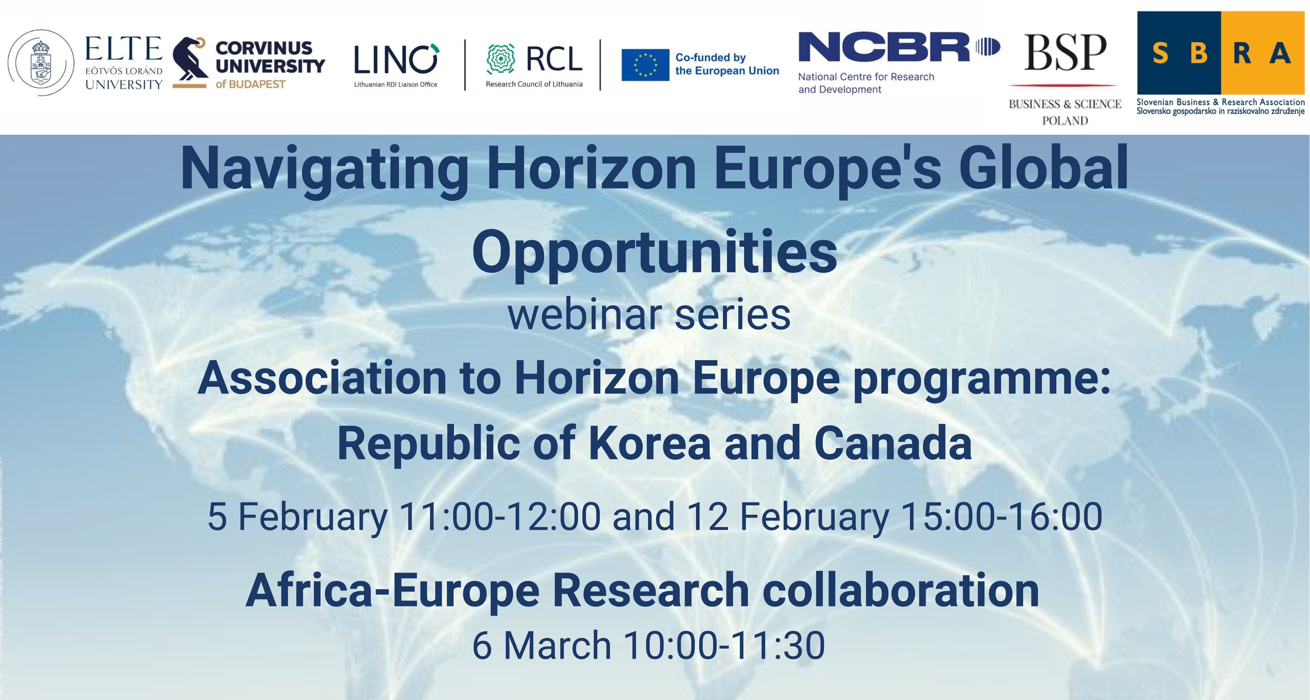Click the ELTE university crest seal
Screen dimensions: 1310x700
tap(41, 63)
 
